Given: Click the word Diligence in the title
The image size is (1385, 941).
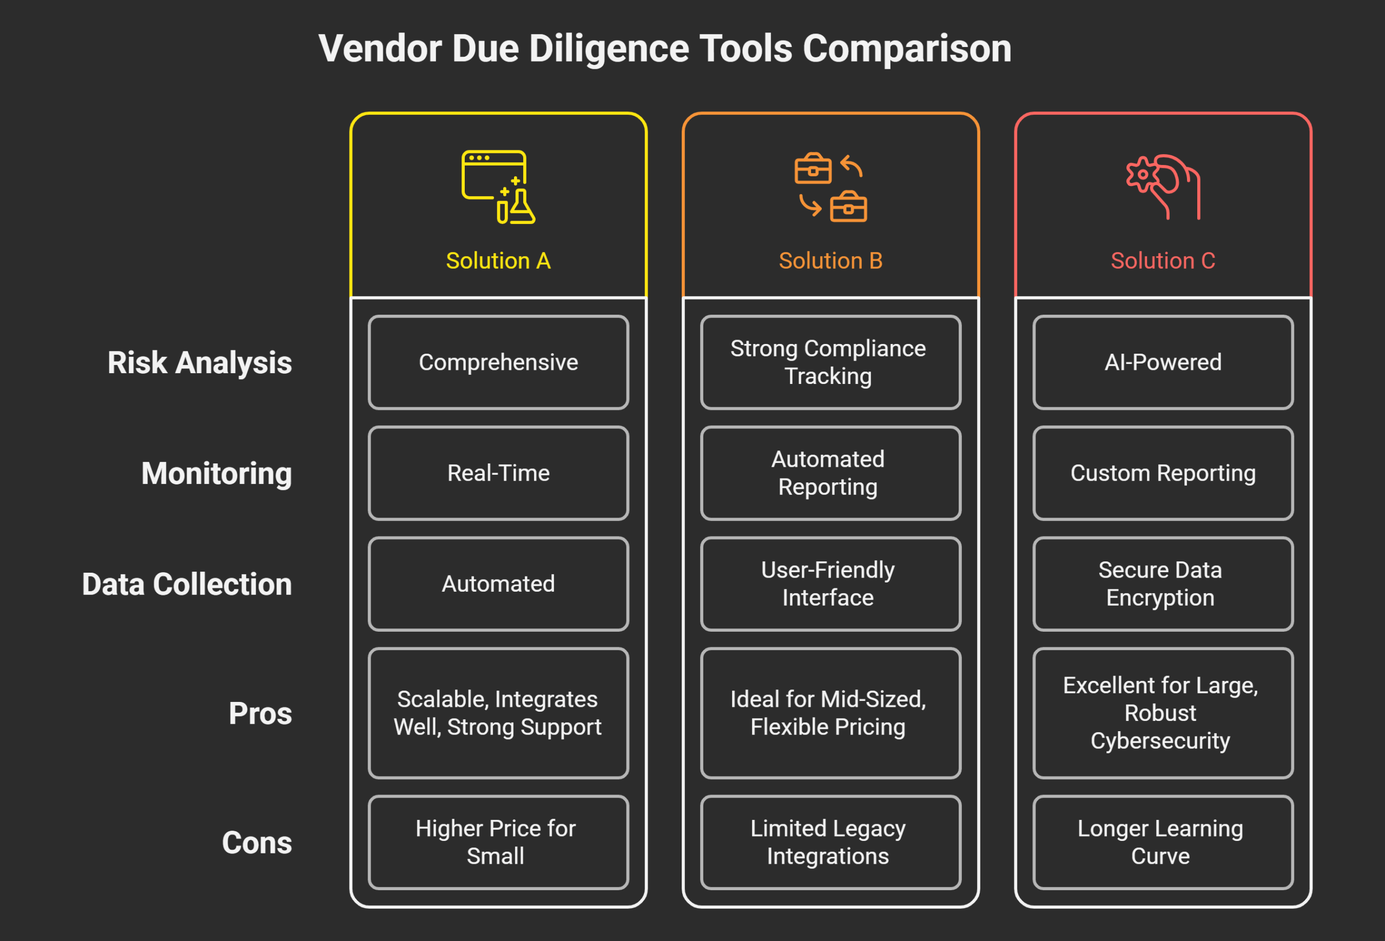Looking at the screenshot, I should [x=609, y=49].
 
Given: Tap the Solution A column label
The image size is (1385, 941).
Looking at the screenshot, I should [x=498, y=261].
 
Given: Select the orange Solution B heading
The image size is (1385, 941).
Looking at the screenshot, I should [x=830, y=261].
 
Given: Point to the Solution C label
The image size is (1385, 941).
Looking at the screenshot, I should [x=1163, y=261].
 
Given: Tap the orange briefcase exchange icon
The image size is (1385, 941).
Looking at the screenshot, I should [x=830, y=187].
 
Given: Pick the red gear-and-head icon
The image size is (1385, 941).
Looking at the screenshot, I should [x=1163, y=187].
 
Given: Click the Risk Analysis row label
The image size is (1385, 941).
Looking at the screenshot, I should [x=200, y=363].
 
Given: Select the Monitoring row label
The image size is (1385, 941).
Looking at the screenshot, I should [x=216, y=474].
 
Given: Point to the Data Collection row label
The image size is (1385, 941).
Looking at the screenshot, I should [x=187, y=584].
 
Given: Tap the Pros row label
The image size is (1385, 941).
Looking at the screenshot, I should [x=260, y=713].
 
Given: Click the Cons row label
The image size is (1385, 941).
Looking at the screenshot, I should [x=257, y=843].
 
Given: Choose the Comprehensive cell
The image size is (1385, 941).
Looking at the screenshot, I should [x=498, y=362].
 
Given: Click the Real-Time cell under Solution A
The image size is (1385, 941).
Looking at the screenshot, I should [x=498, y=473].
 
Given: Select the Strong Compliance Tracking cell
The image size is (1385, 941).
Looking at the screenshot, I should [x=830, y=362].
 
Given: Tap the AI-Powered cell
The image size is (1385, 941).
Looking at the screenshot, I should [x=1163, y=362].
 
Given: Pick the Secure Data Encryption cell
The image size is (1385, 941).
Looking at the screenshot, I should [x=1163, y=584].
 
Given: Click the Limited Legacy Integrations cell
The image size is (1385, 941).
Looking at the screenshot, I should [x=830, y=842].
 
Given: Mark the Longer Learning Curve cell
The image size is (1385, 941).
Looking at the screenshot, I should [x=1163, y=842].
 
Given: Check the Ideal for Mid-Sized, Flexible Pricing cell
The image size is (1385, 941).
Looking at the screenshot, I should [x=830, y=713].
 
